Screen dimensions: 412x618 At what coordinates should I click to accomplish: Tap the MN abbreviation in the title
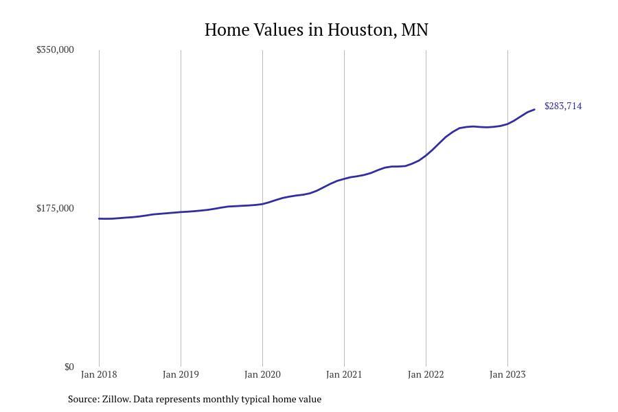pyautogui.click(x=414, y=30)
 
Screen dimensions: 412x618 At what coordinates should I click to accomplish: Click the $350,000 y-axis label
pyautogui.click(x=55, y=50)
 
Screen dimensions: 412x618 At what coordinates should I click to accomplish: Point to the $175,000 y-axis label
pyautogui.click(x=55, y=209)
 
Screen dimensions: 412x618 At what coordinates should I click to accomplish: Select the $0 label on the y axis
pyautogui.click(x=69, y=367)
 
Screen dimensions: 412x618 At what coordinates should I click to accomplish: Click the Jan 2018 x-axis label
pyautogui.click(x=99, y=375)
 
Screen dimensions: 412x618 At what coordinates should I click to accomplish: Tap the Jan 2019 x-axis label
pyautogui.click(x=181, y=375)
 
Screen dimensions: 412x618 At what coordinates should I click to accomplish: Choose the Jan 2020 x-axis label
pyautogui.click(x=262, y=375)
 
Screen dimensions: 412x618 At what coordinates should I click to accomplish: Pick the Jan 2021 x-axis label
pyautogui.click(x=344, y=375)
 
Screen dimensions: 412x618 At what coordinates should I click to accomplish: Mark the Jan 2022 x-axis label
pyautogui.click(x=426, y=375)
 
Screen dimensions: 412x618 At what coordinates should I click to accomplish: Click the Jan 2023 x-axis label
pyautogui.click(x=507, y=375)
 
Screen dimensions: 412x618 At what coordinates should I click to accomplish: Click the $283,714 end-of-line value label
pyautogui.click(x=563, y=106)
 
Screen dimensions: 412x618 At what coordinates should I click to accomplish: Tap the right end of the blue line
pyautogui.click(x=534, y=110)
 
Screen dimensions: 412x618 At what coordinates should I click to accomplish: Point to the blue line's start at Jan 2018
pyautogui.click(x=100, y=218)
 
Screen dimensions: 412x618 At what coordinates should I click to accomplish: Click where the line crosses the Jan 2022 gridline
pyautogui.click(x=426, y=155)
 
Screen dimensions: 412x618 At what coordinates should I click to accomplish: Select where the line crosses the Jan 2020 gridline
pyautogui.click(x=262, y=204)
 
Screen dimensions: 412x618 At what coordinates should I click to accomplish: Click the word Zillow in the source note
pyautogui.click(x=115, y=399)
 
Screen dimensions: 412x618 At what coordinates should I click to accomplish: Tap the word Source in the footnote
pyautogui.click(x=83, y=399)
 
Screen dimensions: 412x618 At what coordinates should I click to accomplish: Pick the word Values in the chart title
pyautogui.click(x=281, y=30)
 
